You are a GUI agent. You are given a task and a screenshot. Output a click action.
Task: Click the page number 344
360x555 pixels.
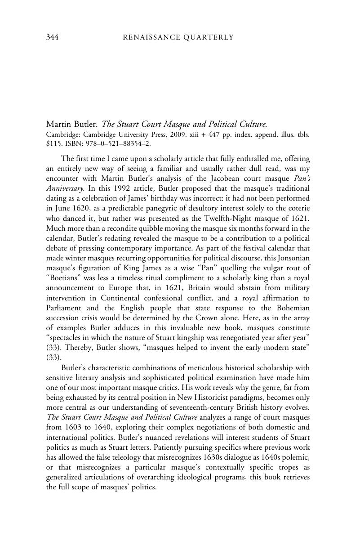click(53, 37)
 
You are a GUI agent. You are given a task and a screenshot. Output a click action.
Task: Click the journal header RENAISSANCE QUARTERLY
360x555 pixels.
click(178, 37)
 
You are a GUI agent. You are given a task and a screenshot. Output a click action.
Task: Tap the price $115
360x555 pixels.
click(53, 143)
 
